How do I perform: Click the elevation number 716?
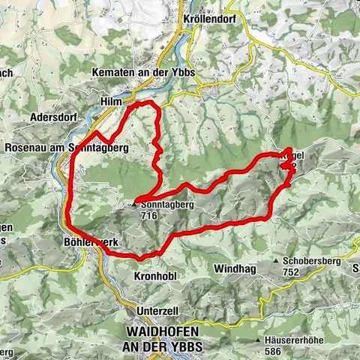click(147, 214)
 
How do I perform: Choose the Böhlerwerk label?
click(88, 242)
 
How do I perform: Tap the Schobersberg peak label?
click(312, 262)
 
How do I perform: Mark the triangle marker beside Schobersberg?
click(278, 262)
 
